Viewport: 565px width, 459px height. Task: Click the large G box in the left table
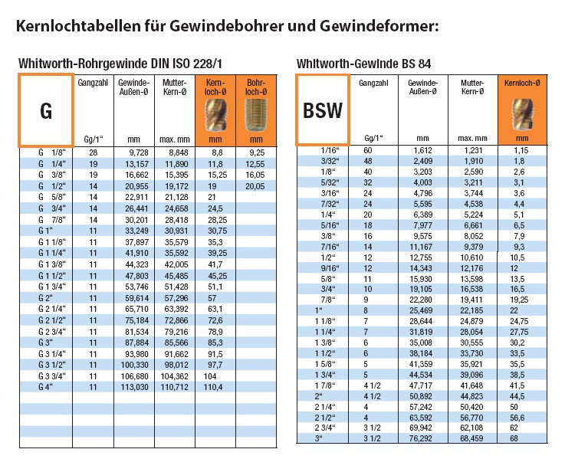pos(45,109)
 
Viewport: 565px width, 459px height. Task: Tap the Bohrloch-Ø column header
pos(255,87)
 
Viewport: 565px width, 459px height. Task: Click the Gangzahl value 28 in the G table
pos(93,153)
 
